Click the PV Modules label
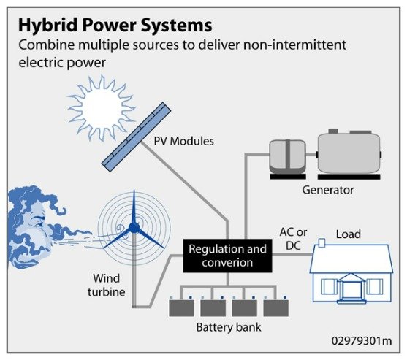click(183, 140)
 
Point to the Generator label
click(327, 190)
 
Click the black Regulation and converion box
click(227, 256)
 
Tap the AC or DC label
click(293, 238)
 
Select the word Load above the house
click(348, 234)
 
